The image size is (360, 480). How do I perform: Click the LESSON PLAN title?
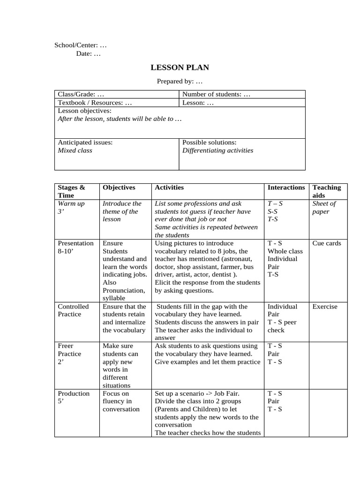[x=180, y=67]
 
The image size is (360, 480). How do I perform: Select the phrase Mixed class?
[x=75, y=150]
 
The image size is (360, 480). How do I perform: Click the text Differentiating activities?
[x=217, y=150]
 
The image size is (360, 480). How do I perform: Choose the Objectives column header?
[x=119, y=187]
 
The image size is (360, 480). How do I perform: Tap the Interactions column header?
[x=286, y=187]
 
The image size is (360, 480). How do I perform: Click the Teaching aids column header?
[x=327, y=191]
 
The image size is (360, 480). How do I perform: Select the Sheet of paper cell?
[x=324, y=207]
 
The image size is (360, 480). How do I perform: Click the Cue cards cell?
[x=327, y=243]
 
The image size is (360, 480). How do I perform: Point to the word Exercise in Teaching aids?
[x=325, y=307]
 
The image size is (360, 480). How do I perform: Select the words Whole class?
[x=285, y=251]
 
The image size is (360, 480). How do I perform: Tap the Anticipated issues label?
[x=85, y=142]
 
